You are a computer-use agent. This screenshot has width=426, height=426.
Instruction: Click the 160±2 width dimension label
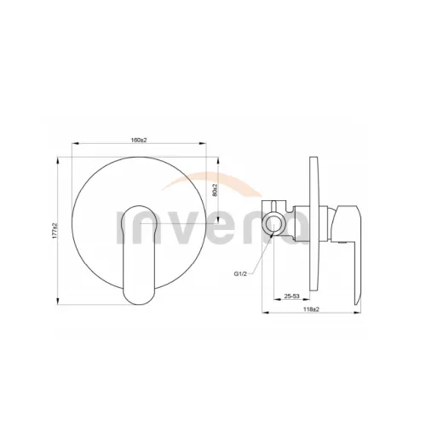139,140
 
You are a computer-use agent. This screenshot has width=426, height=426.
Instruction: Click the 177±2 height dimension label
55,231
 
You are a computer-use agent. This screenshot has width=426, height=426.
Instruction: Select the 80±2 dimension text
215,190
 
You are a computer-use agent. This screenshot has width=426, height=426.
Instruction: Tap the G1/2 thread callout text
240,273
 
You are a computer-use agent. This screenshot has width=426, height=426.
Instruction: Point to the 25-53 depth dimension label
291,296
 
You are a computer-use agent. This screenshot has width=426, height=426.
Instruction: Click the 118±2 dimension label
311,309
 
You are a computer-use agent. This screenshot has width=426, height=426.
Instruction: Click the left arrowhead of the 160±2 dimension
75,144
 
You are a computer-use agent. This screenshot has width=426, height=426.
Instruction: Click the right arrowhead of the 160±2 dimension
203,144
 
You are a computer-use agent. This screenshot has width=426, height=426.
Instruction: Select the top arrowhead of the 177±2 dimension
58,160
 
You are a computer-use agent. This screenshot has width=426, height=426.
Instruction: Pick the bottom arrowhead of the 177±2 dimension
58,302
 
